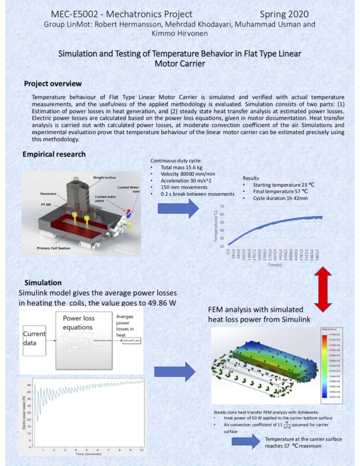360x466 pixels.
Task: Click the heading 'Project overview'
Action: pyautogui.click(x=53, y=84)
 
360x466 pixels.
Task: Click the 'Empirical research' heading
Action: pyautogui.click(x=54, y=154)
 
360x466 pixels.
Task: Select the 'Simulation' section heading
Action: pyautogui.click(x=43, y=282)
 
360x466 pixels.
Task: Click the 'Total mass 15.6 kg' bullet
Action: pyautogui.click(x=177, y=167)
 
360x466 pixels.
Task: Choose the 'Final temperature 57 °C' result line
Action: pyautogui.click(x=276, y=191)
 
